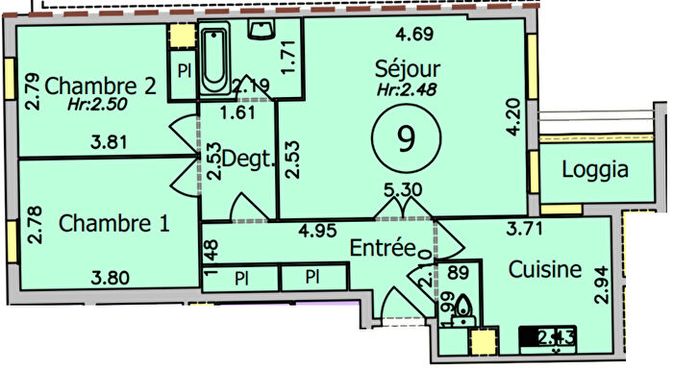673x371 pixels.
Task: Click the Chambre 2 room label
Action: pos(100,84)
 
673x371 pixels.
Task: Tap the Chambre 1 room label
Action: pos(114,224)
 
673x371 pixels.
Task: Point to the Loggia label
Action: pos(595,170)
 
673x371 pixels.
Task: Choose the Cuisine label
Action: pos(545,270)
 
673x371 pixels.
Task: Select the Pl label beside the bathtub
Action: pos(182,71)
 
